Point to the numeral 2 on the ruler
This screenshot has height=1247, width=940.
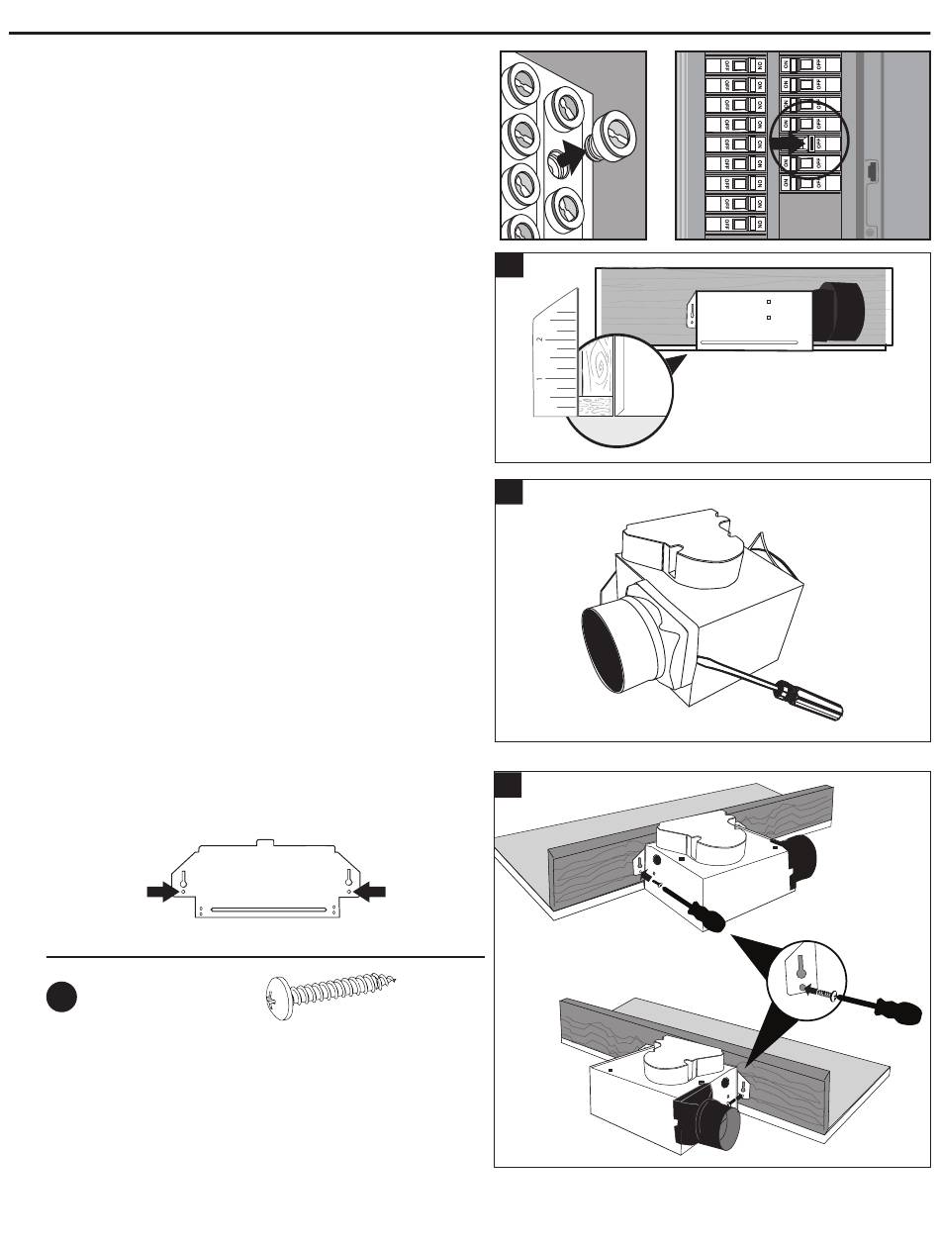coord(540,338)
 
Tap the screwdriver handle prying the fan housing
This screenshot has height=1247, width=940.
coord(810,699)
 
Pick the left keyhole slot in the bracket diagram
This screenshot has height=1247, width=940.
coord(183,878)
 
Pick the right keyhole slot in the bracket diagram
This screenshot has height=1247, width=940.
coord(348,878)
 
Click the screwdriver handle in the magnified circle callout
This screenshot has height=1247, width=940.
coord(902,1012)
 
